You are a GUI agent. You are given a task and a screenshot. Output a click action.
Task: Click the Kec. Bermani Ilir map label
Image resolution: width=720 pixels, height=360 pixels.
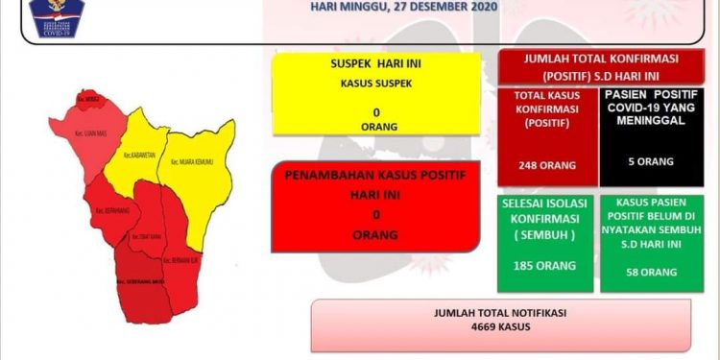[180, 260]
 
